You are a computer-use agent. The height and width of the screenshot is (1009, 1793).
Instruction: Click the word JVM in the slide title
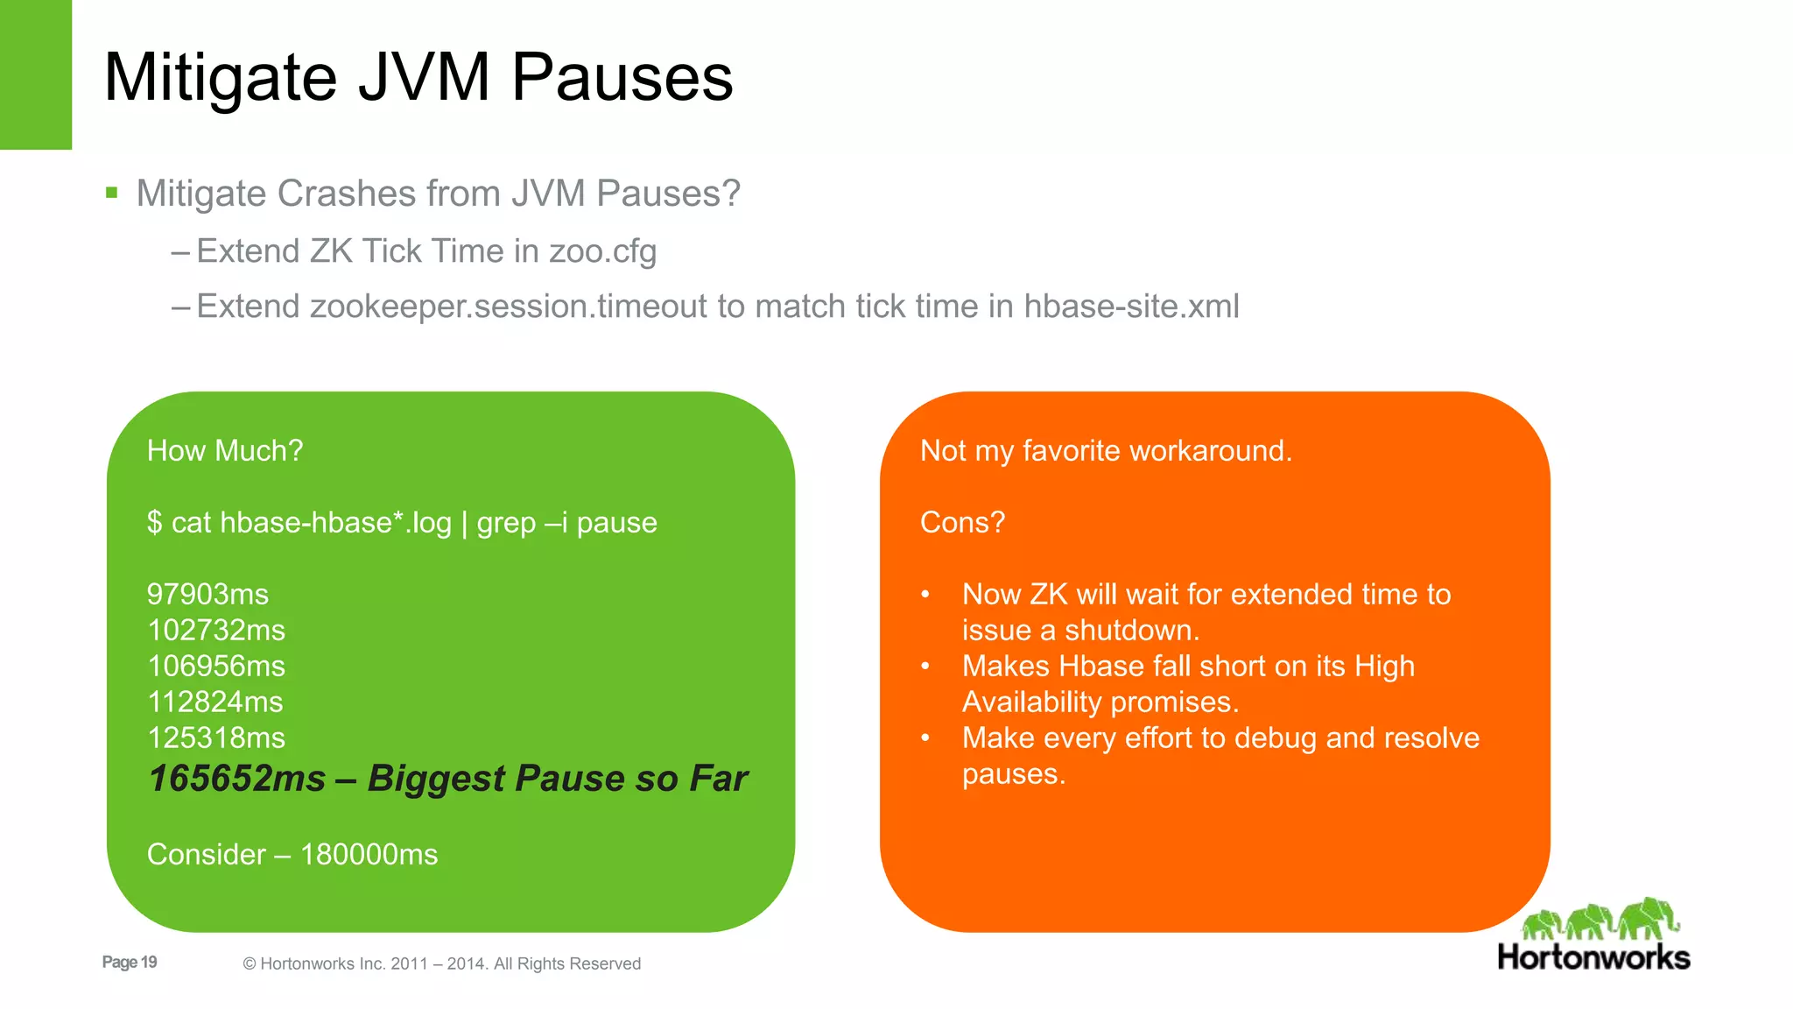click(x=424, y=77)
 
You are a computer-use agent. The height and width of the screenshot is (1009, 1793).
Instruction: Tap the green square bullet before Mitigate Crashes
click(x=111, y=193)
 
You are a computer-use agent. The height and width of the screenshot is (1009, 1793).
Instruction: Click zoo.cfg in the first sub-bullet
click(x=602, y=251)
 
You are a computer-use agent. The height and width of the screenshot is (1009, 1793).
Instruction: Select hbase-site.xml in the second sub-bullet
click(x=1131, y=307)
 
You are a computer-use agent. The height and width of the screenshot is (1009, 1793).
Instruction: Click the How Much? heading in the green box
click(x=225, y=450)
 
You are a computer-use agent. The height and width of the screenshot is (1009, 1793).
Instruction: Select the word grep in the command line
click(x=506, y=523)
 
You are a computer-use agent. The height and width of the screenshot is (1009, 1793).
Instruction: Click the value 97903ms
click(x=207, y=594)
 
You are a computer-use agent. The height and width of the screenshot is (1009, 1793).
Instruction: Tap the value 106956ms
click(x=216, y=666)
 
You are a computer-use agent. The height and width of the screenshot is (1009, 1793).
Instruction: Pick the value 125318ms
click(x=216, y=737)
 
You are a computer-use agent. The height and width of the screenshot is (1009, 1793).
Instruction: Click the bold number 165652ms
click(x=237, y=778)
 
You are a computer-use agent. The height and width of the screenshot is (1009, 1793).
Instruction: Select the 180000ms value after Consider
click(x=369, y=854)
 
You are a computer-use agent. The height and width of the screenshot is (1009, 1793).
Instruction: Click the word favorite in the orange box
click(x=1071, y=450)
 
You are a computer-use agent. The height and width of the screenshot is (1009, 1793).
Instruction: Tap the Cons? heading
click(x=962, y=522)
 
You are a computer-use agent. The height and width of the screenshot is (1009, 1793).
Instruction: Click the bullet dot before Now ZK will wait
click(x=925, y=595)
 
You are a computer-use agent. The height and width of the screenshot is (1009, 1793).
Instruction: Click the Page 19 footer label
click(x=130, y=962)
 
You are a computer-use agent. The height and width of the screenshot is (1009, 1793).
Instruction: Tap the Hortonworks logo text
click(x=1593, y=956)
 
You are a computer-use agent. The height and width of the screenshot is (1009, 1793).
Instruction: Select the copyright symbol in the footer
click(x=250, y=964)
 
